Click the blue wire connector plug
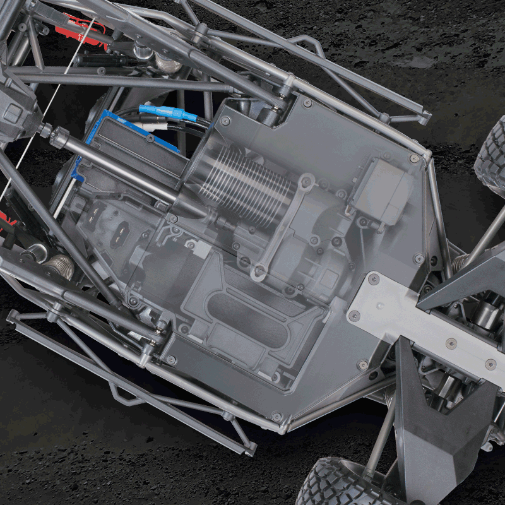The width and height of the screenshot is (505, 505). (166, 114)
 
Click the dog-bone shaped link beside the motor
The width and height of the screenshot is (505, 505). (284, 227)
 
